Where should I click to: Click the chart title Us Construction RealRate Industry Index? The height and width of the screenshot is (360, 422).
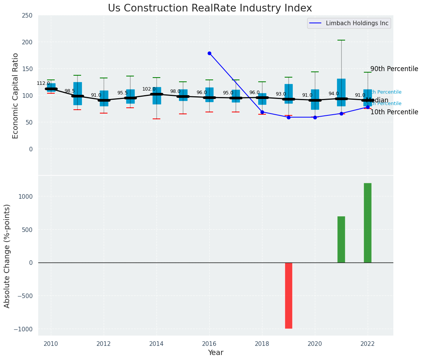tap(210, 8)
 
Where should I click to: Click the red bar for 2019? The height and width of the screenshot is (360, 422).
tap(288, 295)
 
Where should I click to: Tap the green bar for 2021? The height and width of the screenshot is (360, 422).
tap(341, 240)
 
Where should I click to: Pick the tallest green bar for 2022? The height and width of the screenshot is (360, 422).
tap(368, 223)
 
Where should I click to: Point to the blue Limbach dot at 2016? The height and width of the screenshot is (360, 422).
tap(209, 54)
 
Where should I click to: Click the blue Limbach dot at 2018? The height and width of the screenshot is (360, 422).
tap(262, 112)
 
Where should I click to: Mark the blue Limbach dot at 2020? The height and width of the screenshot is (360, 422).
tap(315, 117)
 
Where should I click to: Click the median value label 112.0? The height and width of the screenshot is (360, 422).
tap(43, 83)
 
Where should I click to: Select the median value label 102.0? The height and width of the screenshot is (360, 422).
tap(149, 89)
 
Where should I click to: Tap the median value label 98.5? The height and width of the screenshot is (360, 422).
tap(70, 91)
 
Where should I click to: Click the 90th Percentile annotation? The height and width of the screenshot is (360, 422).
tap(394, 69)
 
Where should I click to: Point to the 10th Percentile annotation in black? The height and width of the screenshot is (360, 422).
tap(394, 112)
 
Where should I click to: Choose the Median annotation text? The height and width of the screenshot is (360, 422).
tap(377, 101)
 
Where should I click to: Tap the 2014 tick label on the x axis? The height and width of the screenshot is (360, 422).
tap(156, 344)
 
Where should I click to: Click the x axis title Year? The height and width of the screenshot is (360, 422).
tap(216, 353)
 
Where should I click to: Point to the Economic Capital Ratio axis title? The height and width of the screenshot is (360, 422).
tap(16, 96)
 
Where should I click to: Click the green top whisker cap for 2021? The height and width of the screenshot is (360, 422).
tap(341, 40)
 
